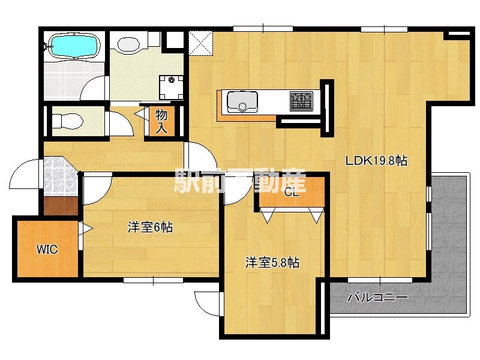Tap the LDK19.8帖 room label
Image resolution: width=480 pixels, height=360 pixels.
click(x=376, y=160)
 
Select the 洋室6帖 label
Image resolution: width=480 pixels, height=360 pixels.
click(x=150, y=227)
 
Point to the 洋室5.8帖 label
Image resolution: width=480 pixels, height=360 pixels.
click(x=272, y=262)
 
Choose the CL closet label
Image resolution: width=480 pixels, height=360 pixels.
click(x=291, y=193)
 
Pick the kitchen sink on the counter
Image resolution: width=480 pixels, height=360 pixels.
click(x=241, y=101)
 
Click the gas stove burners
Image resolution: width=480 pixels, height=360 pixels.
click(x=302, y=100)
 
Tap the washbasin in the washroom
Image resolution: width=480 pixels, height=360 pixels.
click(x=128, y=43)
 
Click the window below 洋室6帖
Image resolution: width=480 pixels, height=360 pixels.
click(x=153, y=280)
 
